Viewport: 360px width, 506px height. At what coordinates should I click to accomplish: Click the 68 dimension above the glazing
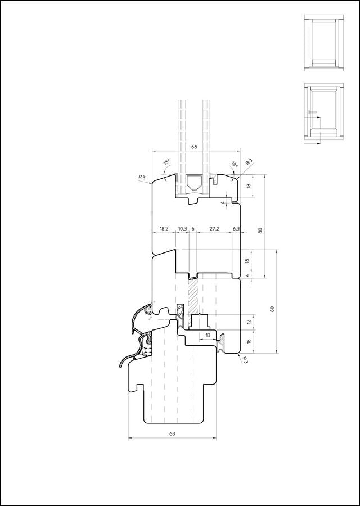tap(194, 147)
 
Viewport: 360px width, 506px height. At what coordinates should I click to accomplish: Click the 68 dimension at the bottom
tap(172, 433)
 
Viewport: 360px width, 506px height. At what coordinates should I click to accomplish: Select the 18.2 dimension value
tap(164, 228)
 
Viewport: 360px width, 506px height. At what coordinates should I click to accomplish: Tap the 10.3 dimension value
tap(182, 228)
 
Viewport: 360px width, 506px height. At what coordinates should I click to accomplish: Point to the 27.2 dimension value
tap(214, 228)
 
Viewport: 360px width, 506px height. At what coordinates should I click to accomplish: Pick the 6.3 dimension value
tap(236, 228)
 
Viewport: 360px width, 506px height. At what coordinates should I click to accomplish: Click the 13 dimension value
tap(208, 335)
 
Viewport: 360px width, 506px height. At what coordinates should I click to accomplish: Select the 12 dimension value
tap(248, 322)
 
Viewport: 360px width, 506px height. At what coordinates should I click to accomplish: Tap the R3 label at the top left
tap(142, 177)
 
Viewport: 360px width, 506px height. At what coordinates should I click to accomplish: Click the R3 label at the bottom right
tap(245, 360)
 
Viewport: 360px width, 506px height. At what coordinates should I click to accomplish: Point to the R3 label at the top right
tap(249, 162)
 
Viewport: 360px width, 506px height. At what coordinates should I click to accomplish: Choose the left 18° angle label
tap(166, 162)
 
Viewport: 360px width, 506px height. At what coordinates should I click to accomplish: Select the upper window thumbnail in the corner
tap(324, 43)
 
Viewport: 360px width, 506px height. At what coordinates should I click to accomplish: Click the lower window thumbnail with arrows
tap(324, 114)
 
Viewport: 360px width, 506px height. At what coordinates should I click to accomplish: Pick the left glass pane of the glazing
tap(182, 147)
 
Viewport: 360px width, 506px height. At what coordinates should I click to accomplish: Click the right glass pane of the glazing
tap(206, 147)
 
